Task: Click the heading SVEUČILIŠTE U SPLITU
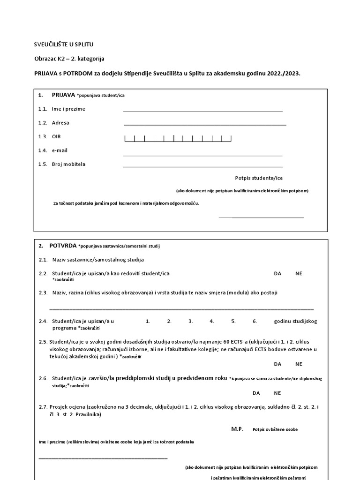tap(64, 45)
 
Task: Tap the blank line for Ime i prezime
tap(202, 111)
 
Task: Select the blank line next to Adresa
tap(204, 125)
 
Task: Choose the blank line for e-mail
tap(202, 155)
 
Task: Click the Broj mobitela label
tap(68, 165)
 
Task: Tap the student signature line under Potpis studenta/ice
tap(267, 217)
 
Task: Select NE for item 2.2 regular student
tap(299, 273)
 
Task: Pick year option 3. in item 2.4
tap(191, 322)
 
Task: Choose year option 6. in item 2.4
tap(255, 322)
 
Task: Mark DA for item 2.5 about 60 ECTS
tap(278, 364)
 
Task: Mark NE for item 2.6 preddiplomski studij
tap(277, 393)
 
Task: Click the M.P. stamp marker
tap(238, 429)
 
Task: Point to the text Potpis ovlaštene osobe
tap(275, 429)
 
